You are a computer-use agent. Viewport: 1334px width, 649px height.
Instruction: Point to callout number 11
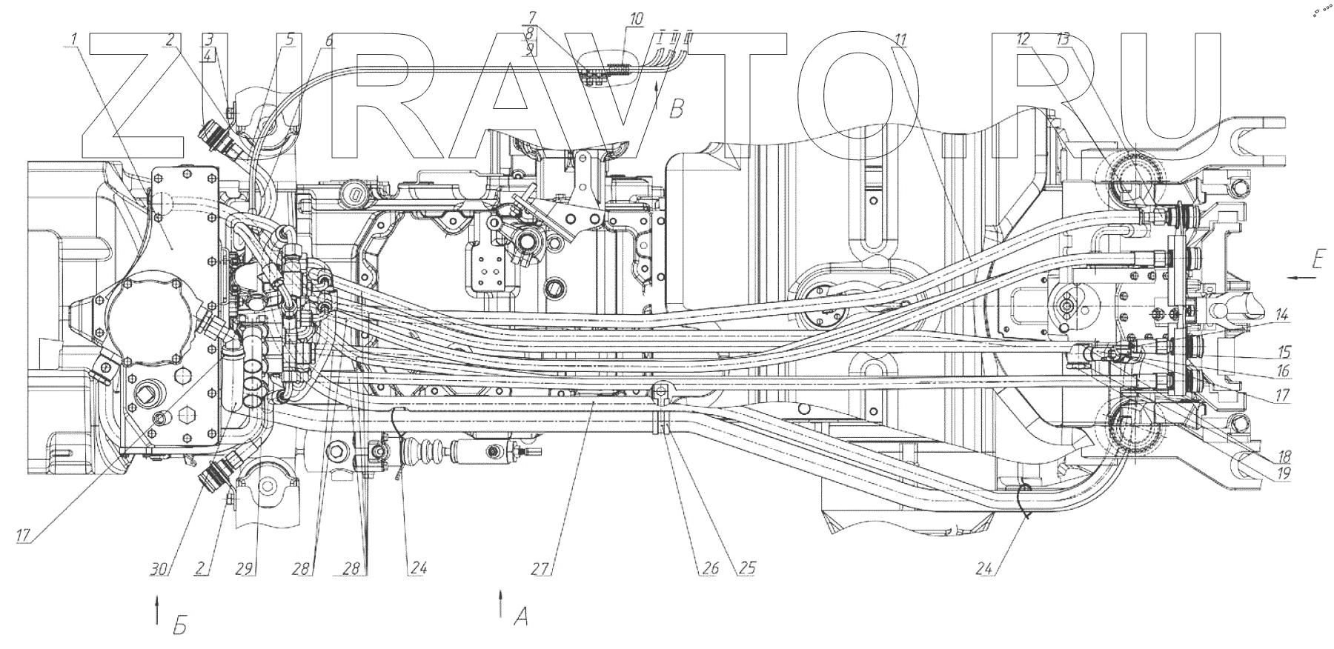(900, 41)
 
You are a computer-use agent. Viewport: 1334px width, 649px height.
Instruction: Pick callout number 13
(1063, 41)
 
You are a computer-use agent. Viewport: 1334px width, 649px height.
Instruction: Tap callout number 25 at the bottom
(747, 569)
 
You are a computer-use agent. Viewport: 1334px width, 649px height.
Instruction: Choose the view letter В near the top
(676, 110)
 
